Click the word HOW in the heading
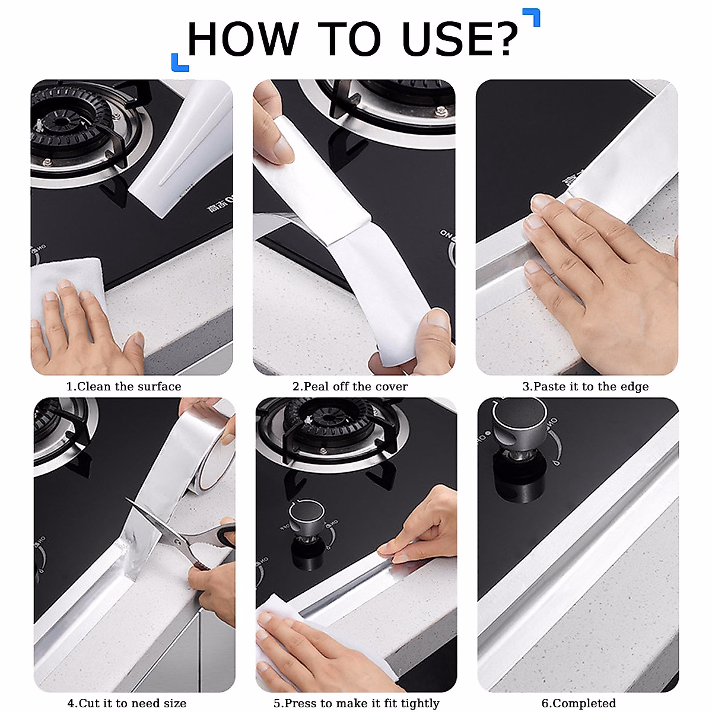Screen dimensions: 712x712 click(x=243, y=40)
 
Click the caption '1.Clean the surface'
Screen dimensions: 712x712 click(x=123, y=387)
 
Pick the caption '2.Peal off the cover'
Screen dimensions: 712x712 click(x=350, y=387)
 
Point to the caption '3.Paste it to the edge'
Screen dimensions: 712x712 click(x=585, y=387)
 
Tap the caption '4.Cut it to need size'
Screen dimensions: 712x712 click(x=127, y=704)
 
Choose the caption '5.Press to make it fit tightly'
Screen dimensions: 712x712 click(x=356, y=704)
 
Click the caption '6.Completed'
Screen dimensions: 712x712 click(x=578, y=704)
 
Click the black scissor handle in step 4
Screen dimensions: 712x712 click(x=225, y=535)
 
